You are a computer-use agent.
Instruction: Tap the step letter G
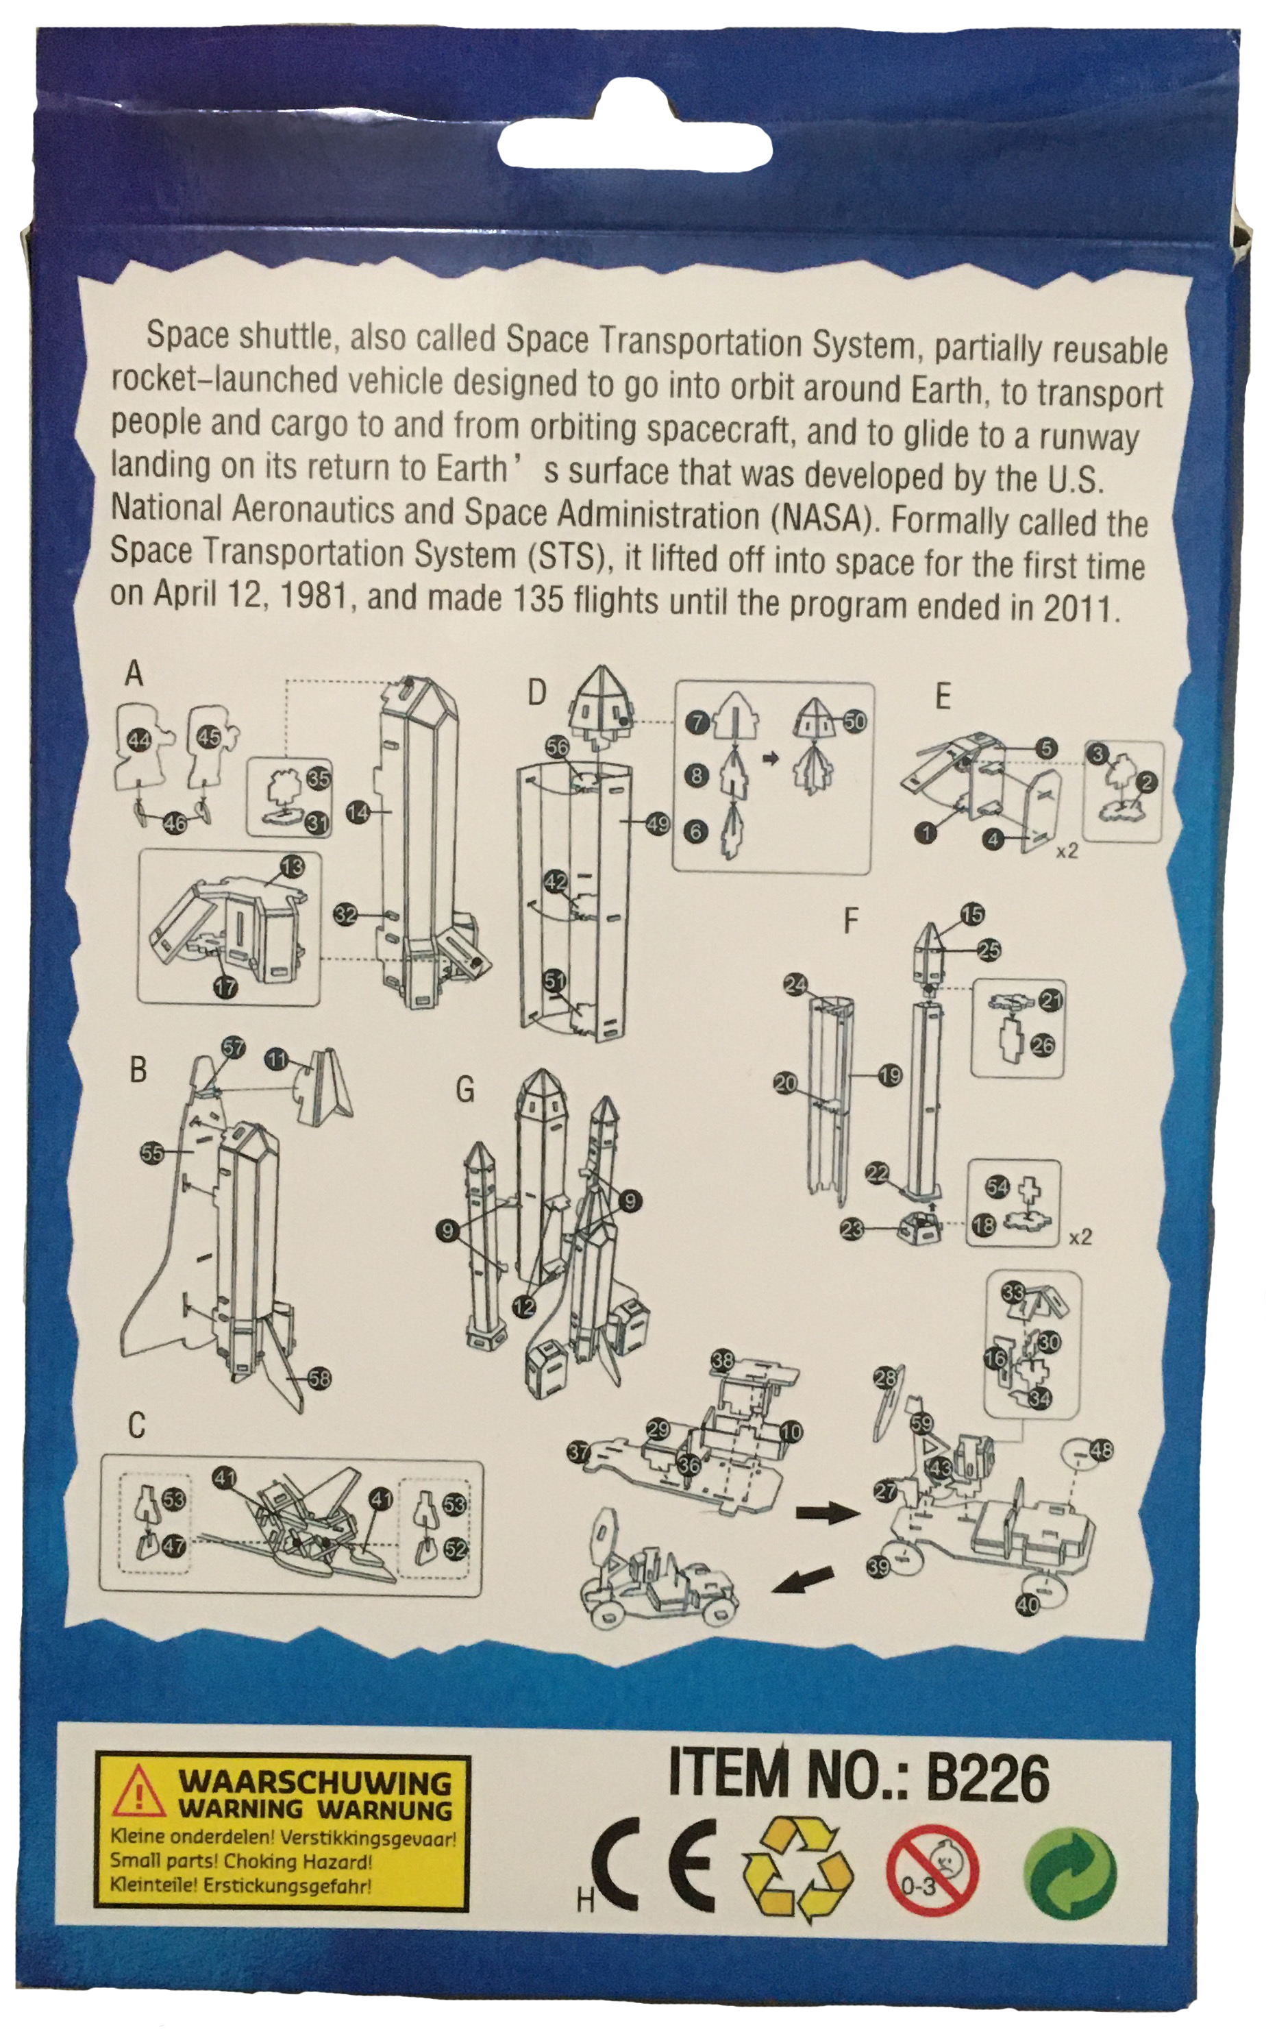tap(464, 1090)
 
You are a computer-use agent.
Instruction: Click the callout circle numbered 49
tap(658, 823)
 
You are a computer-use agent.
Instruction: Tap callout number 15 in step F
tap(972, 914)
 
